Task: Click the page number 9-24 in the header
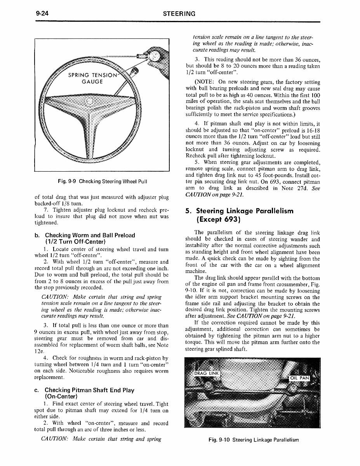(40, 14)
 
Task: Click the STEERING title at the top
(179, 14)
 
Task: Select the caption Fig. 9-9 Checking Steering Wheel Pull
(101, 181)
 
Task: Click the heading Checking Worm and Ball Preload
(90, 235)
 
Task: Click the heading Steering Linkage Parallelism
(240, 211)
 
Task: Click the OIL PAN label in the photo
(299, 378)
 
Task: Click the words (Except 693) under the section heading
(217, 220)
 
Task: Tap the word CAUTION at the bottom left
(54, 439)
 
